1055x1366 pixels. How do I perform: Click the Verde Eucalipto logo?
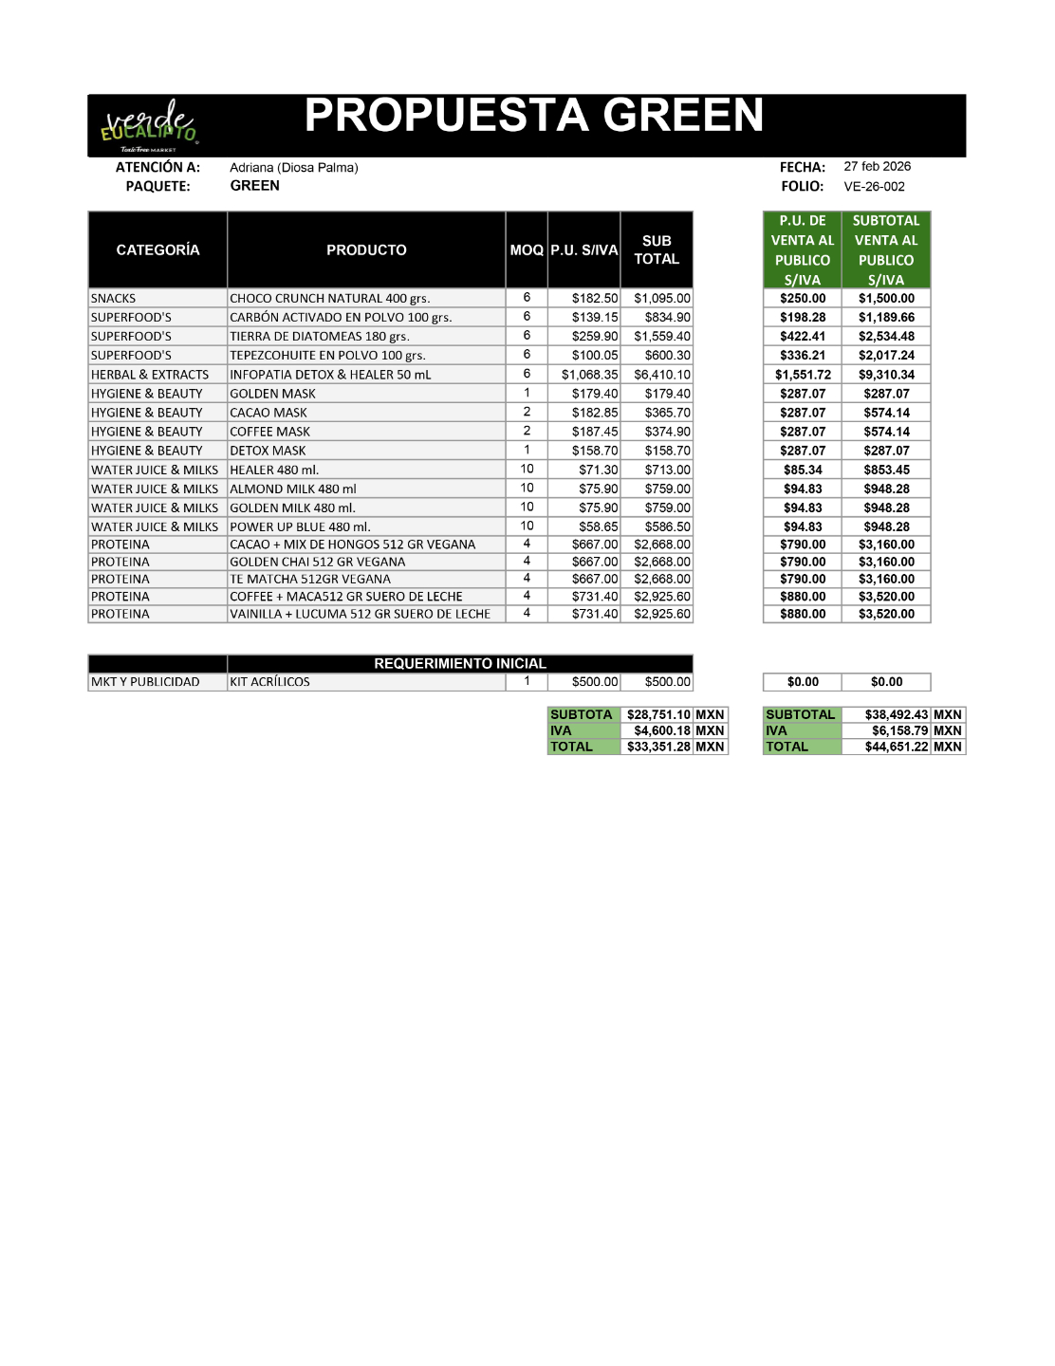click(x=150, y=125)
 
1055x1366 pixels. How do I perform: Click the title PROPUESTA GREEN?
click(x=533, y=116)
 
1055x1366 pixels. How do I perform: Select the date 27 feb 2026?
click(x=877, y=166)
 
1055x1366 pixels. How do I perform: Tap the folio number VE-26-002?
click(x=874, y=187)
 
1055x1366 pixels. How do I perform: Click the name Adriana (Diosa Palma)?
click(x=294, y=168)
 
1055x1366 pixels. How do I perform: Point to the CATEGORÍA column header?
click(x=157, y=249)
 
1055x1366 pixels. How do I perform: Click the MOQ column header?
click(x=527, y=249)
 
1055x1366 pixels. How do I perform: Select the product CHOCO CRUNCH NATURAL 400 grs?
click(x=329, y=298)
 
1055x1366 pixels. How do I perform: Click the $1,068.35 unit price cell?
click(x=589, y=375)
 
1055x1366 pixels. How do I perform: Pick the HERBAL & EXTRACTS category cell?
click(x=150, y=375)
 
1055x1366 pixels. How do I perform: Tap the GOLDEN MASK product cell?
click(x=272, y=394)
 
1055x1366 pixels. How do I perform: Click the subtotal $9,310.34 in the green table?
click(x=886, y=375)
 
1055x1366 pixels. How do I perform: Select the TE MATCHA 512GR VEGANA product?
click(x=310, y=580)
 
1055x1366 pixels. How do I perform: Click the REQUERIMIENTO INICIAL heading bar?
click(x=460, y=663)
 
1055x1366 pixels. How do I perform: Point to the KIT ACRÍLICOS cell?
click(x=269, y=682)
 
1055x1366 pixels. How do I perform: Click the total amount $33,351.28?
click(x=658, y=747)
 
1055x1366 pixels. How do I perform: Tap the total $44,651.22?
click(x=897, y=747)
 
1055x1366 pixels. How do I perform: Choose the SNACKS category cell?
click(x=114, y=298)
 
